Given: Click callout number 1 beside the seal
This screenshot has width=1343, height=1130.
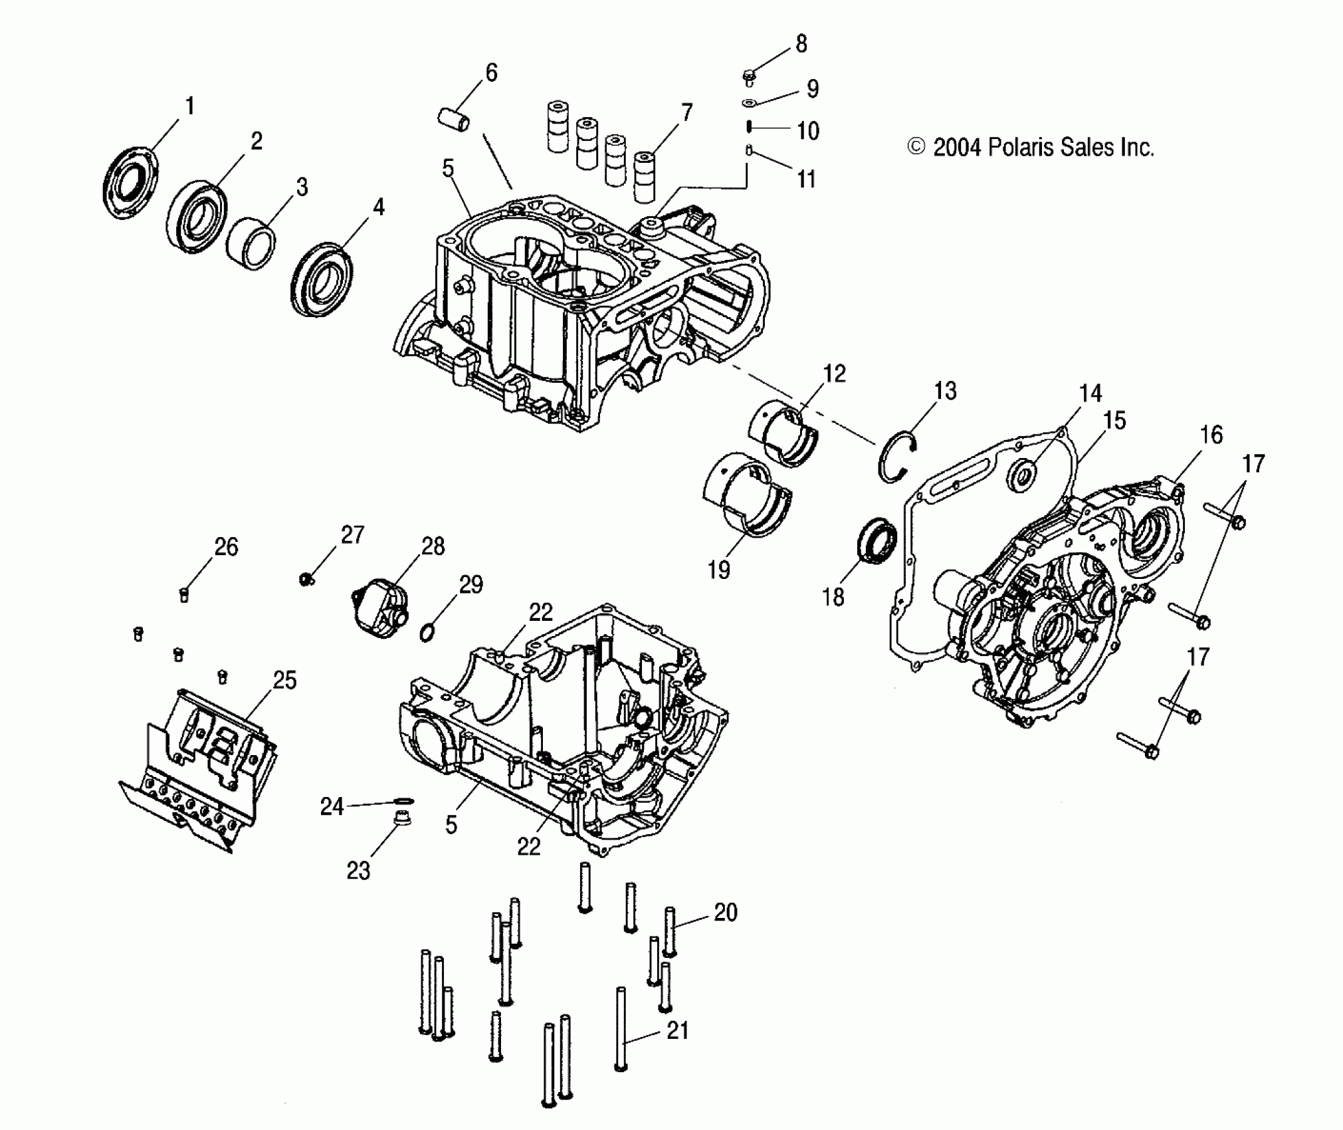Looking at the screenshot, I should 189,106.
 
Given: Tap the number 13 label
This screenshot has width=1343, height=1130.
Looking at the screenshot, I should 944,391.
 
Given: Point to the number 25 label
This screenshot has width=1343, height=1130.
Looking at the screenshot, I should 284,681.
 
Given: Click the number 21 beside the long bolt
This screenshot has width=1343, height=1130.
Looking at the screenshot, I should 677,1031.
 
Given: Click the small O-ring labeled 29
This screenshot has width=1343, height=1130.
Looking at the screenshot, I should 427,632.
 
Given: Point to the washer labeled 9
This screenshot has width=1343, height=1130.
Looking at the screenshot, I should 750,103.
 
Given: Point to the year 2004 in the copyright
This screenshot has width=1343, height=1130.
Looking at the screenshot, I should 957,148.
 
